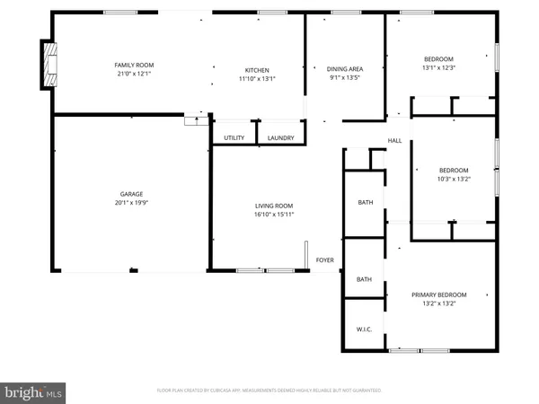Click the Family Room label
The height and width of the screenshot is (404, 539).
[134, 65]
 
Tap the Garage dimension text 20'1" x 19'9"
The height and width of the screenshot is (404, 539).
[132, 203]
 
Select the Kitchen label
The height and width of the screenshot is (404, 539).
[258, 70]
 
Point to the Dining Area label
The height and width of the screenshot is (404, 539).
[344, 69]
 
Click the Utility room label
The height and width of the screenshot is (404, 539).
[234, 137]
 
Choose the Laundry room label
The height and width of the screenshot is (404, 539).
[280, 137]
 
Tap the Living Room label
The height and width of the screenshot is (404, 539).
[274, 206]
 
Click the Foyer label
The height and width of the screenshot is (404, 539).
[324, 260]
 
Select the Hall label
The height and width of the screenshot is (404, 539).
[394, 141]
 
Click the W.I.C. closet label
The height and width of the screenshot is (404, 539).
[364, 329]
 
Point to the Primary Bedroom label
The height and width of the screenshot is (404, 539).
[439, 294]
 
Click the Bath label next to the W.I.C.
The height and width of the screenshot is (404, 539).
[364, 279]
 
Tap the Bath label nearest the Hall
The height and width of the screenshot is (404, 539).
[366, 203]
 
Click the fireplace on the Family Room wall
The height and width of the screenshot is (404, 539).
[48, 64]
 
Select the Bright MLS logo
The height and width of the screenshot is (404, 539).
[33, 391]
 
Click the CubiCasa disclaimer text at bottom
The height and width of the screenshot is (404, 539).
[269, 391]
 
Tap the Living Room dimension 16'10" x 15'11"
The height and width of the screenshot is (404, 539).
[274, 215]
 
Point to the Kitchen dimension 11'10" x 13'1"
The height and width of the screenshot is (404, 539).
[258, 79]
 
